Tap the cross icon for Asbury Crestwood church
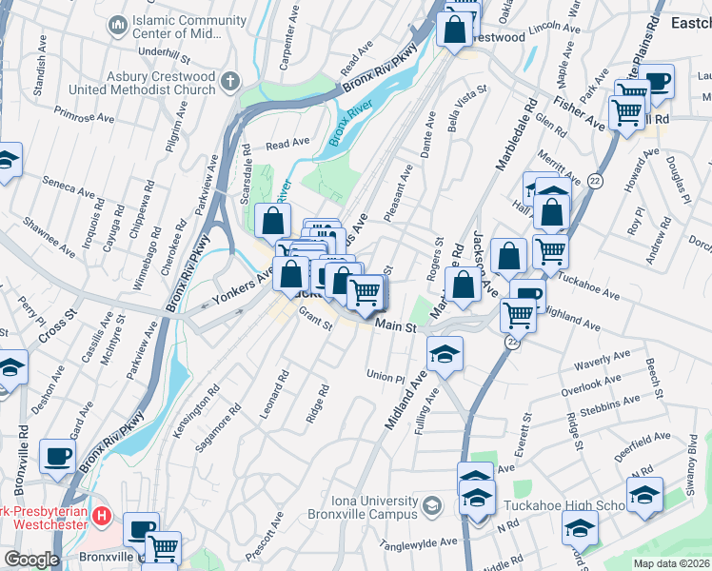click(229, 82)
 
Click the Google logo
click(31, 559)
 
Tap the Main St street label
click(396, 326)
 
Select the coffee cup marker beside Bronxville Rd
click(59, 457)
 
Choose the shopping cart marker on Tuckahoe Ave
click(550, 251)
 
